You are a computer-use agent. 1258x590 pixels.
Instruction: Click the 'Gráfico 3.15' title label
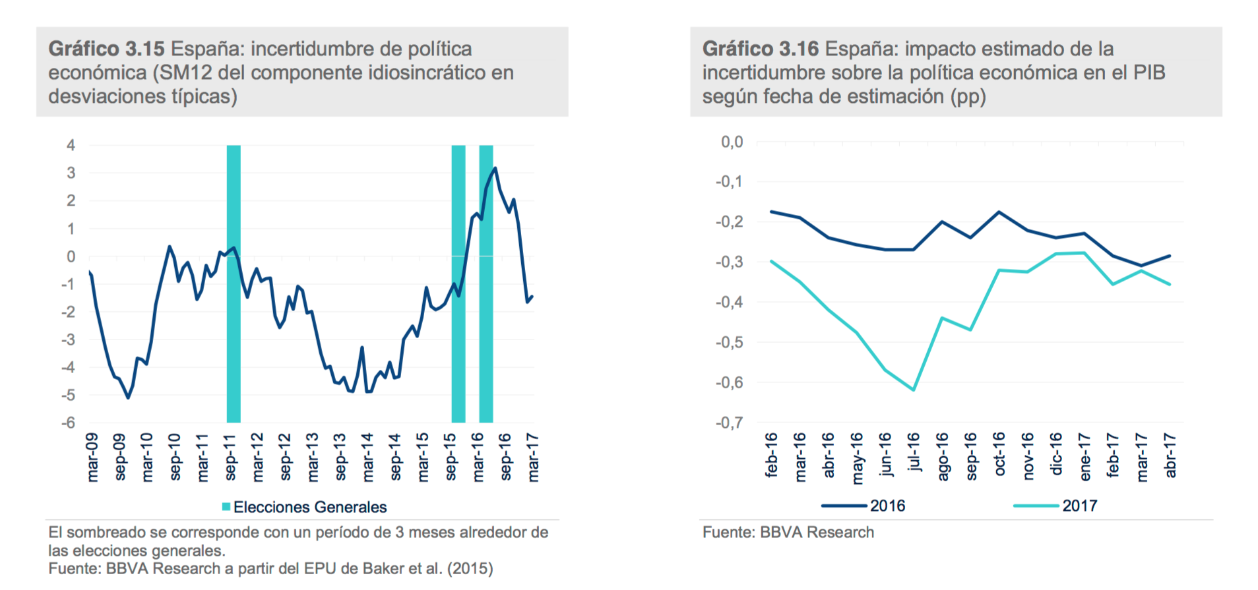click(106, 49)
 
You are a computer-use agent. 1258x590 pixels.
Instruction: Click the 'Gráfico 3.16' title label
click(760, 49)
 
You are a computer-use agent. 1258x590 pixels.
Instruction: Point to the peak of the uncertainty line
click(495, 169)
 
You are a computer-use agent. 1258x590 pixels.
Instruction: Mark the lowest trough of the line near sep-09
click(128, 398)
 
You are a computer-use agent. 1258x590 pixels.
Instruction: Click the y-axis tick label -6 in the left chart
click(69, 423)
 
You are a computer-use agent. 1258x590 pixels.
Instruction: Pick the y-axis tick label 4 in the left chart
click(71, 145)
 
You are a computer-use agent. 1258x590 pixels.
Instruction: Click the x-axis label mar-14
click(367, 457)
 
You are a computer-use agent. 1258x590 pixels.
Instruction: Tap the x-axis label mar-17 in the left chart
click(533, 457)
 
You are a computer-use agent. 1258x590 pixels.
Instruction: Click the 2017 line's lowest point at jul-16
click(914, 390)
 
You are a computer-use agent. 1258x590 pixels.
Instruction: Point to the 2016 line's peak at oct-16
click(999, 212)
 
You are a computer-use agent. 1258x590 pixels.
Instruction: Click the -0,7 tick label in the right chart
click(729, 423)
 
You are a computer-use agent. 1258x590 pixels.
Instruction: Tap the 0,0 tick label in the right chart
click(732, 142)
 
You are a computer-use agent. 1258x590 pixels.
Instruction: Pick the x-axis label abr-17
click(1170, 455)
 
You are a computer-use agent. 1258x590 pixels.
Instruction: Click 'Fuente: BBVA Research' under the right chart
click(788, 533)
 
